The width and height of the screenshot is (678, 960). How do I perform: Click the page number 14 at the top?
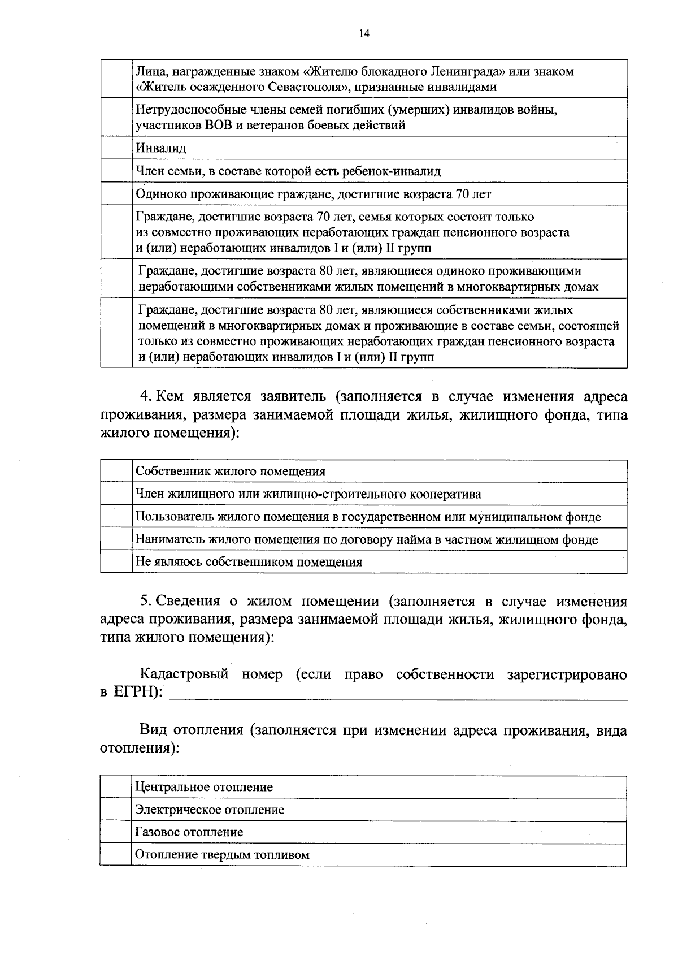click(x=364, y=33)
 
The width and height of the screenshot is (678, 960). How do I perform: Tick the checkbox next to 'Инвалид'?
click(x=116, y=148)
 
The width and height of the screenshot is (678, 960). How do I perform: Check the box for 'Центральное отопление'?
click(x=116, y=787)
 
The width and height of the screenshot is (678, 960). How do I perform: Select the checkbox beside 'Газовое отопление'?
click(x=116, y=832)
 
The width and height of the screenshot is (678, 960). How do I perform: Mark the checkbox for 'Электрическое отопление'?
click(x=116, y=810)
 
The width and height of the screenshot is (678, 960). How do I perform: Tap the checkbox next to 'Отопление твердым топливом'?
click(x=116, y=855)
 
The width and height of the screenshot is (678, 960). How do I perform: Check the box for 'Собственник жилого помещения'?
click(x=116, y=472)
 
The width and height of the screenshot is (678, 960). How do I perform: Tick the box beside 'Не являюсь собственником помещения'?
click(x=116, y=562)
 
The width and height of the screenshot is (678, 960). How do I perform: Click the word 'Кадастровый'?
click(x=184, y=675)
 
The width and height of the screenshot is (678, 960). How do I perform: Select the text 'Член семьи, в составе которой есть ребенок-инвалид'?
click(x=288, y=171)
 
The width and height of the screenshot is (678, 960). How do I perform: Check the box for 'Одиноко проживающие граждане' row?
click(x=116, y=194)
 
